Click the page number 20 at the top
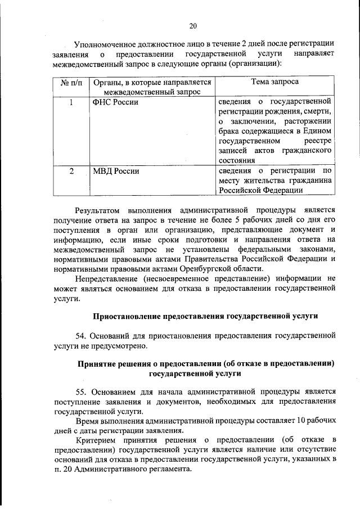(192, 25)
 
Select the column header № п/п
(70, 82)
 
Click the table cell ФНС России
(115, 102)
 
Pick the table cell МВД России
(116, 170)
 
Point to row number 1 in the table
(70, 102)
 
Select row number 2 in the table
(70, 170)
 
